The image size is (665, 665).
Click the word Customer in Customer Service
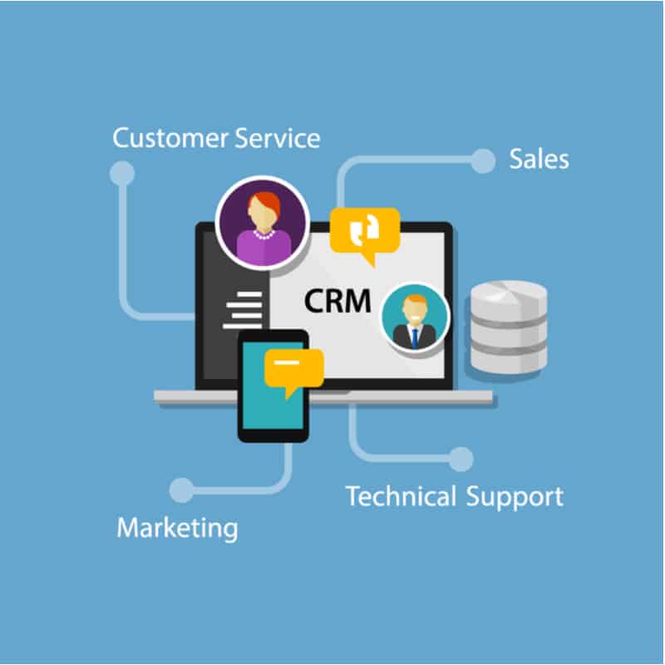click(x=170, y=139)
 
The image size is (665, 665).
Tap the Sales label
click(x=539, y=159)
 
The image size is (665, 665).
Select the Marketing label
click(x=177, y=529)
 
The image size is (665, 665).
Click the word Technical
click(x=401, y=495)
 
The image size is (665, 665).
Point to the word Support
click(x=515, y=497)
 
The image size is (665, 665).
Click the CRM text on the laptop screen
click(x=337, y=301)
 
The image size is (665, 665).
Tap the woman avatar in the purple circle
click(x=263, y=224)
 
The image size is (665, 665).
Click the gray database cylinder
click(x=509, y=327)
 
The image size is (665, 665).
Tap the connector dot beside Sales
click(x=483, y=160)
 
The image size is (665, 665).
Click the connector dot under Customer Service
click(x=122, y=173)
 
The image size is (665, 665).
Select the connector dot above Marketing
click(x=181, y=490)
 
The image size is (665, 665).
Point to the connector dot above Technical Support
click(x=461, y=459)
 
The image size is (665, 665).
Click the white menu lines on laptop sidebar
click(x=244, y=310)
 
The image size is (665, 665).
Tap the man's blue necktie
click(x=415, y=338)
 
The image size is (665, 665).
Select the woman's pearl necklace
click(x=264, y=234)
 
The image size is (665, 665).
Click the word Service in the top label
click(x=278, y=139)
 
